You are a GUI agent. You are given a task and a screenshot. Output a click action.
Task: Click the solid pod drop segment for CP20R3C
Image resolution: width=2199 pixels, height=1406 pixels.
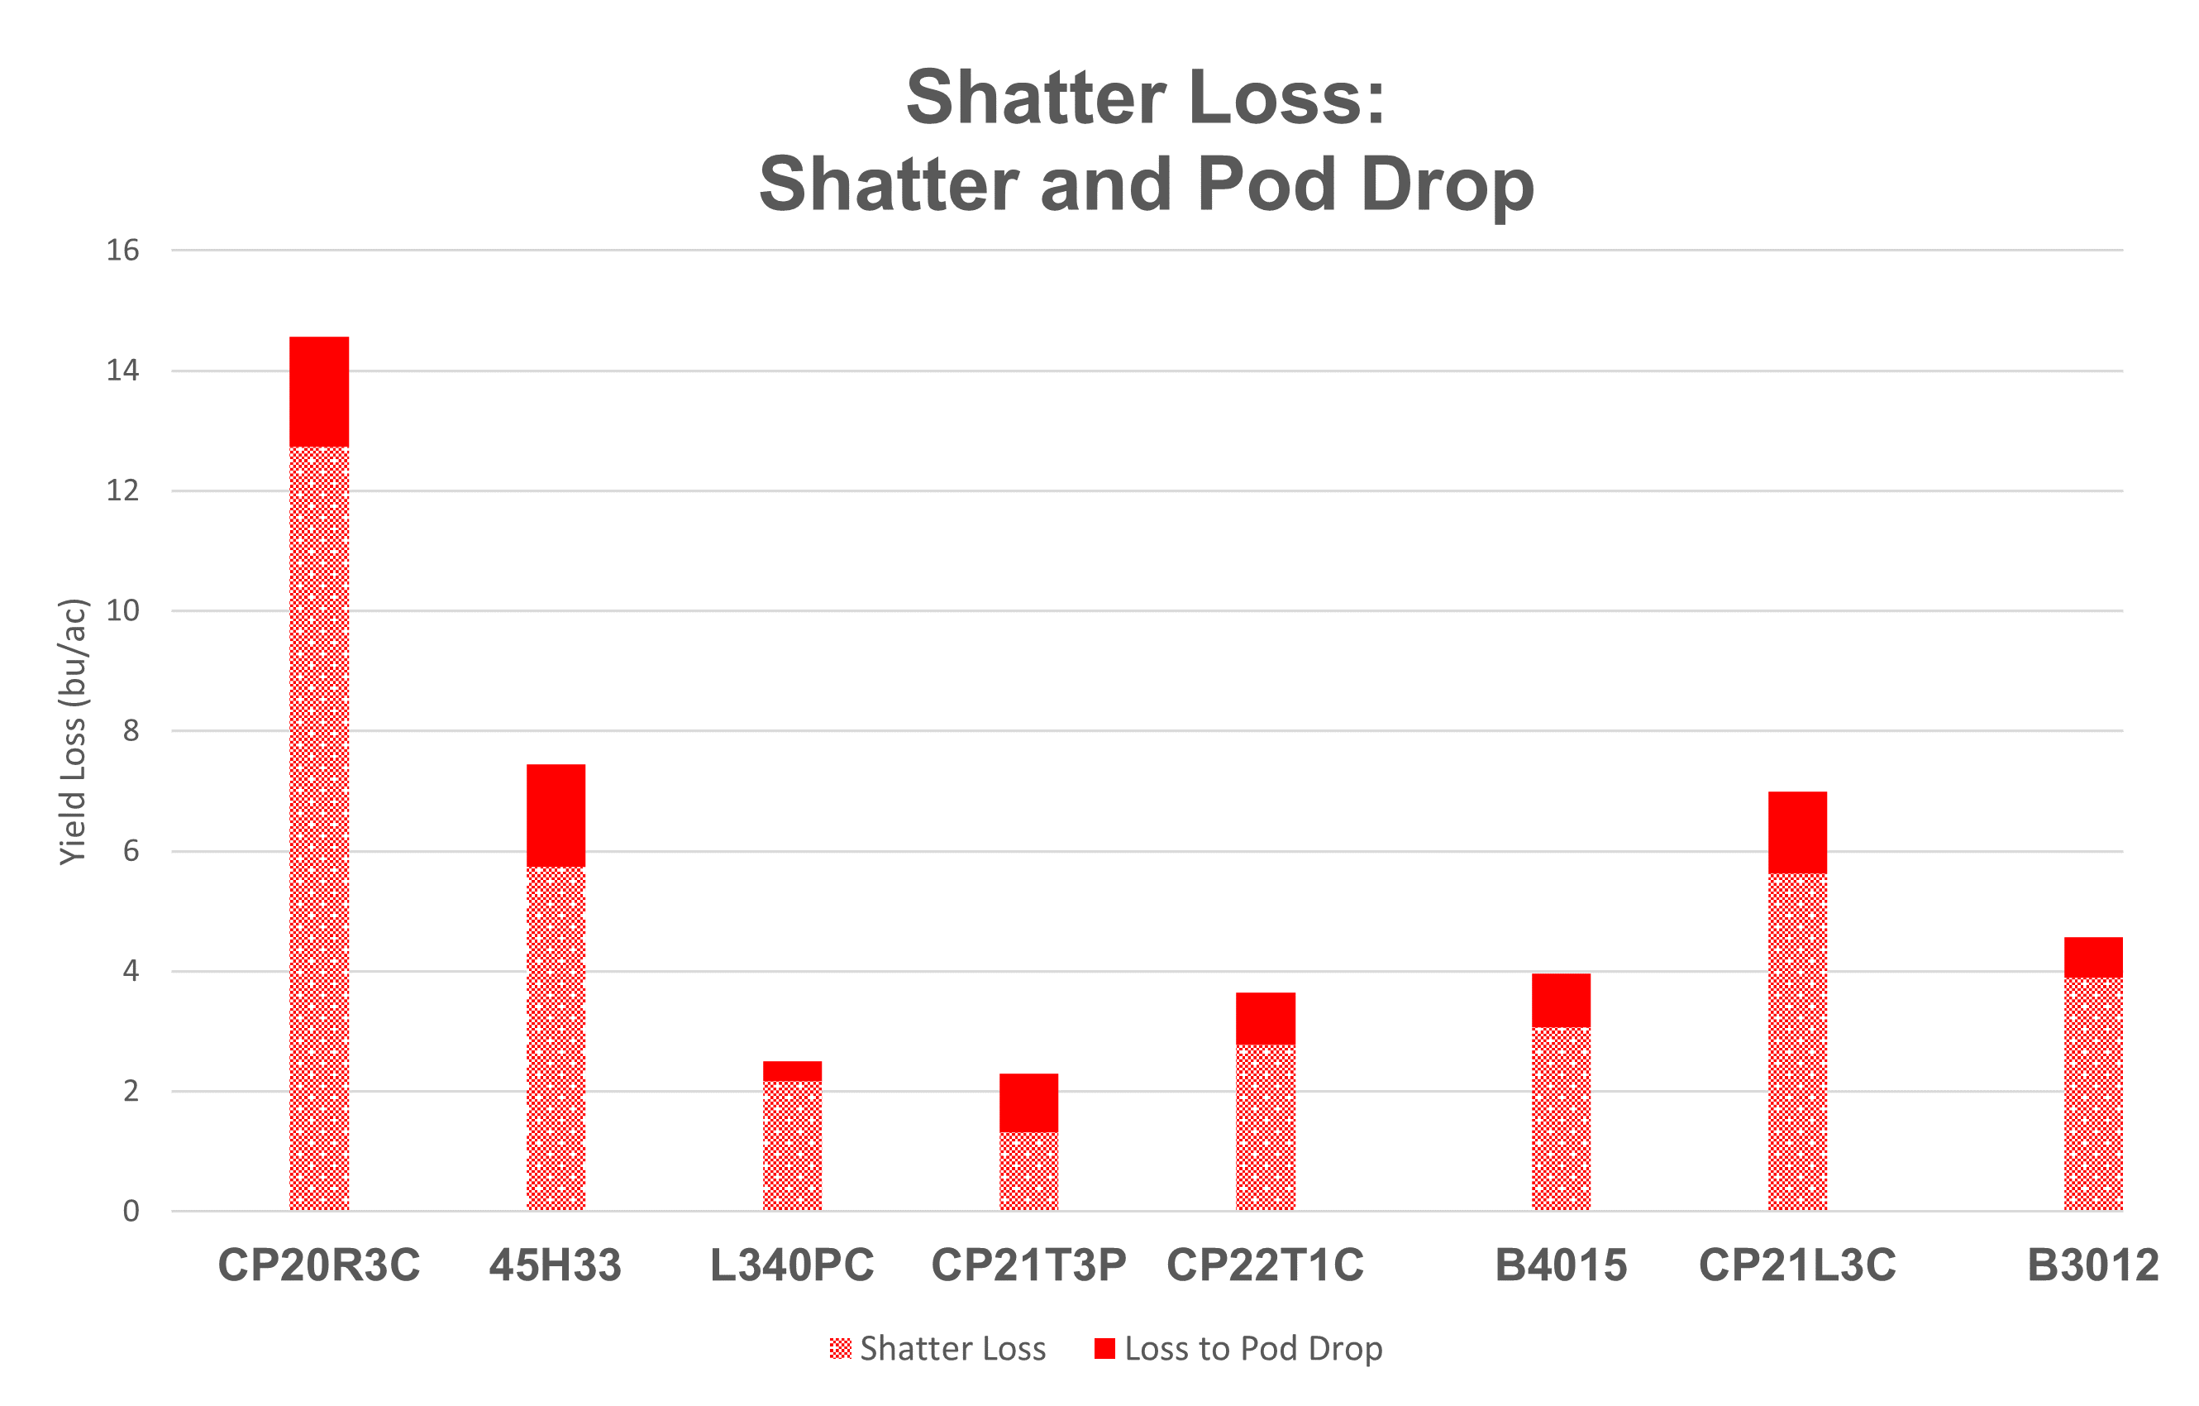[x=319, y=391]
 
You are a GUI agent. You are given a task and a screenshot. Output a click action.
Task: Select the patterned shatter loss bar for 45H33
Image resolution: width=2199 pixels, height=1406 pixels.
[x=556, y=1038]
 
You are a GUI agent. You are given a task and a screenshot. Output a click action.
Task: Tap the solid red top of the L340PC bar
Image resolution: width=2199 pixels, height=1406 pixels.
[x=792, y=1071]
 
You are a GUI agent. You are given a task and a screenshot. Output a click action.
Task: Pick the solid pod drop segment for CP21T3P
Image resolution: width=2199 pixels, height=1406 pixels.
[x=1028, y=1102]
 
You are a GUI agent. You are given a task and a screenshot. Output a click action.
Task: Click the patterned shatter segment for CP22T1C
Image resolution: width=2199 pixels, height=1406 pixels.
[x=1265, y=1127]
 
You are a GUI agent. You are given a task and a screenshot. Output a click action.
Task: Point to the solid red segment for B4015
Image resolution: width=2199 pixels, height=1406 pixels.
[x=1561, y=1001]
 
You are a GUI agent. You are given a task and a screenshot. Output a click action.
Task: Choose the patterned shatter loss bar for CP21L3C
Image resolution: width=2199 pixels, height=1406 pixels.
[x=1797, y=1041]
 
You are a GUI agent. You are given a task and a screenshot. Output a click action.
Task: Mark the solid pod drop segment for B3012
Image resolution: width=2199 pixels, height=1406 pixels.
[x=2093, y=958]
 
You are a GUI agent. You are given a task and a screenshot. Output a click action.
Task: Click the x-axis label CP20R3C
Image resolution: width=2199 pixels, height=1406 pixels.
[x=319, y=1265]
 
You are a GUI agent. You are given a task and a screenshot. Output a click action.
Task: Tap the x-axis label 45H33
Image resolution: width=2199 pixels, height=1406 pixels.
[x=556, y=1265]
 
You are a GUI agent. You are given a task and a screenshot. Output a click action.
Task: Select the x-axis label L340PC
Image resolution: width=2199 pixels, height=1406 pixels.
[x=792, y=1265]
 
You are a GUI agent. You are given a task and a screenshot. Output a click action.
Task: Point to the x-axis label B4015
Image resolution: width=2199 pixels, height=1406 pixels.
[x=1561, y=1265]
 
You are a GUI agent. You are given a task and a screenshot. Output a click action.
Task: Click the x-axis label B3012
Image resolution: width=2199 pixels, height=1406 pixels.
[x=2093, y=1265]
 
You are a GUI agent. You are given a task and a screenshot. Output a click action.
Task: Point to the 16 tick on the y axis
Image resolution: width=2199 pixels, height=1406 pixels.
[x=122, y=251]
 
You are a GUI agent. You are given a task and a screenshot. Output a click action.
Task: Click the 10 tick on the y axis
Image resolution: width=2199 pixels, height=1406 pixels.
[x=122, y=610]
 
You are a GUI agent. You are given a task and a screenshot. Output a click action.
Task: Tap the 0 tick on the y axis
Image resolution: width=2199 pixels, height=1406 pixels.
[x=131, y=1212]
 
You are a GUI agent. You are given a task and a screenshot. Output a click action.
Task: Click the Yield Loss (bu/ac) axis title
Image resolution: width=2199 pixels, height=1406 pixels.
[x=73, y=731]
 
